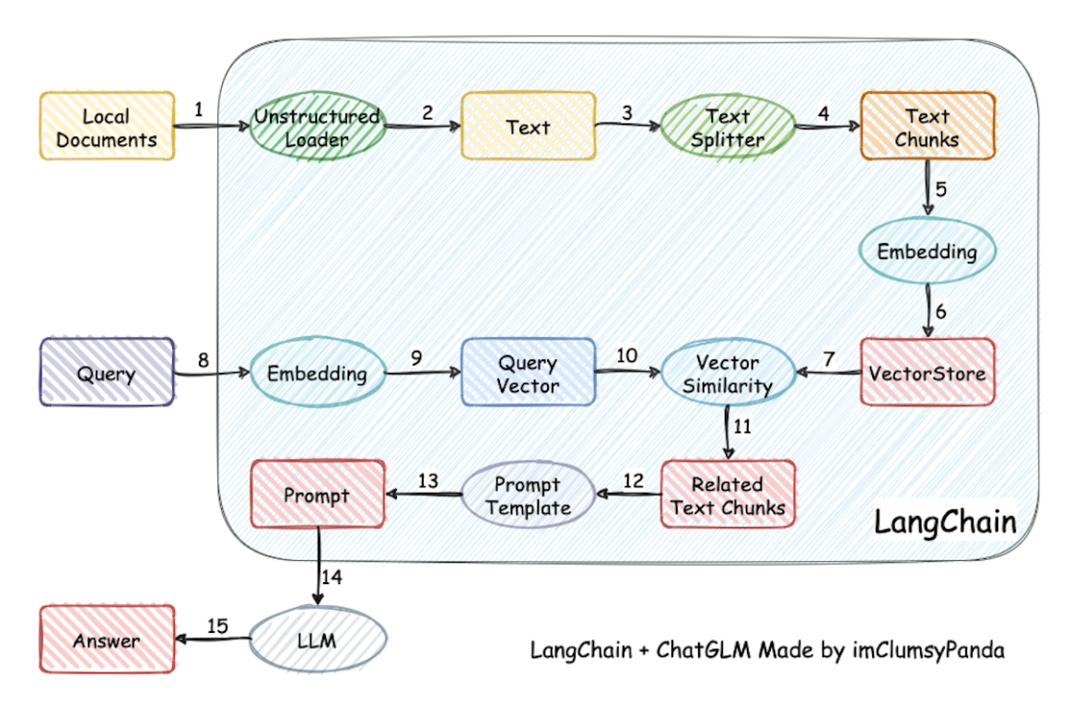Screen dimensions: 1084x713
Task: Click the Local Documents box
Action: coord(107,126)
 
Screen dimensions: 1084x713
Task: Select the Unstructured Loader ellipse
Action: coord(318,126)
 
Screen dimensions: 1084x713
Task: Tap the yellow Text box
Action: coord(528,126)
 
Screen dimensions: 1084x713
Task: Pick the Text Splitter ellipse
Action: coord(728,126)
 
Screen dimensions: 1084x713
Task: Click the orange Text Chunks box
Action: coord(927,126)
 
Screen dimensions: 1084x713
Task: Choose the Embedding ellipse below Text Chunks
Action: coord(927,251)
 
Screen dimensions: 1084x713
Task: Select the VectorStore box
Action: coord(927,372)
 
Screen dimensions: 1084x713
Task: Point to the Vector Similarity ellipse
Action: coord(728,372)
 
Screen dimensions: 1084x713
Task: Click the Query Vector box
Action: coord(528,372)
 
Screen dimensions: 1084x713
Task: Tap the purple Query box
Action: coord(107,372)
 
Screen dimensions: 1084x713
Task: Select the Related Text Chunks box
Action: coord(728,495)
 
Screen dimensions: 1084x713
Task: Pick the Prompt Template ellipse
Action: coord(528,496)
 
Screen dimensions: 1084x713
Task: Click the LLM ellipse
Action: coord(318,639)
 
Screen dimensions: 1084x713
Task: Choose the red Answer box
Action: coord(107,639)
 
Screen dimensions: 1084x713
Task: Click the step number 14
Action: coord(332,577)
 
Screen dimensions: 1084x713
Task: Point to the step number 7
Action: coord(829,359)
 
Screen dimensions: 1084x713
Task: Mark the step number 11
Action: coord(742,426)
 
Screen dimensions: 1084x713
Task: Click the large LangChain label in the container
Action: coord(945,521)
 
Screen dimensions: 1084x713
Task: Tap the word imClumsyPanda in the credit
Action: coord(928,650)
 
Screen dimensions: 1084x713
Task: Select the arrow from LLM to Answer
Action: coord(213,639)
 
